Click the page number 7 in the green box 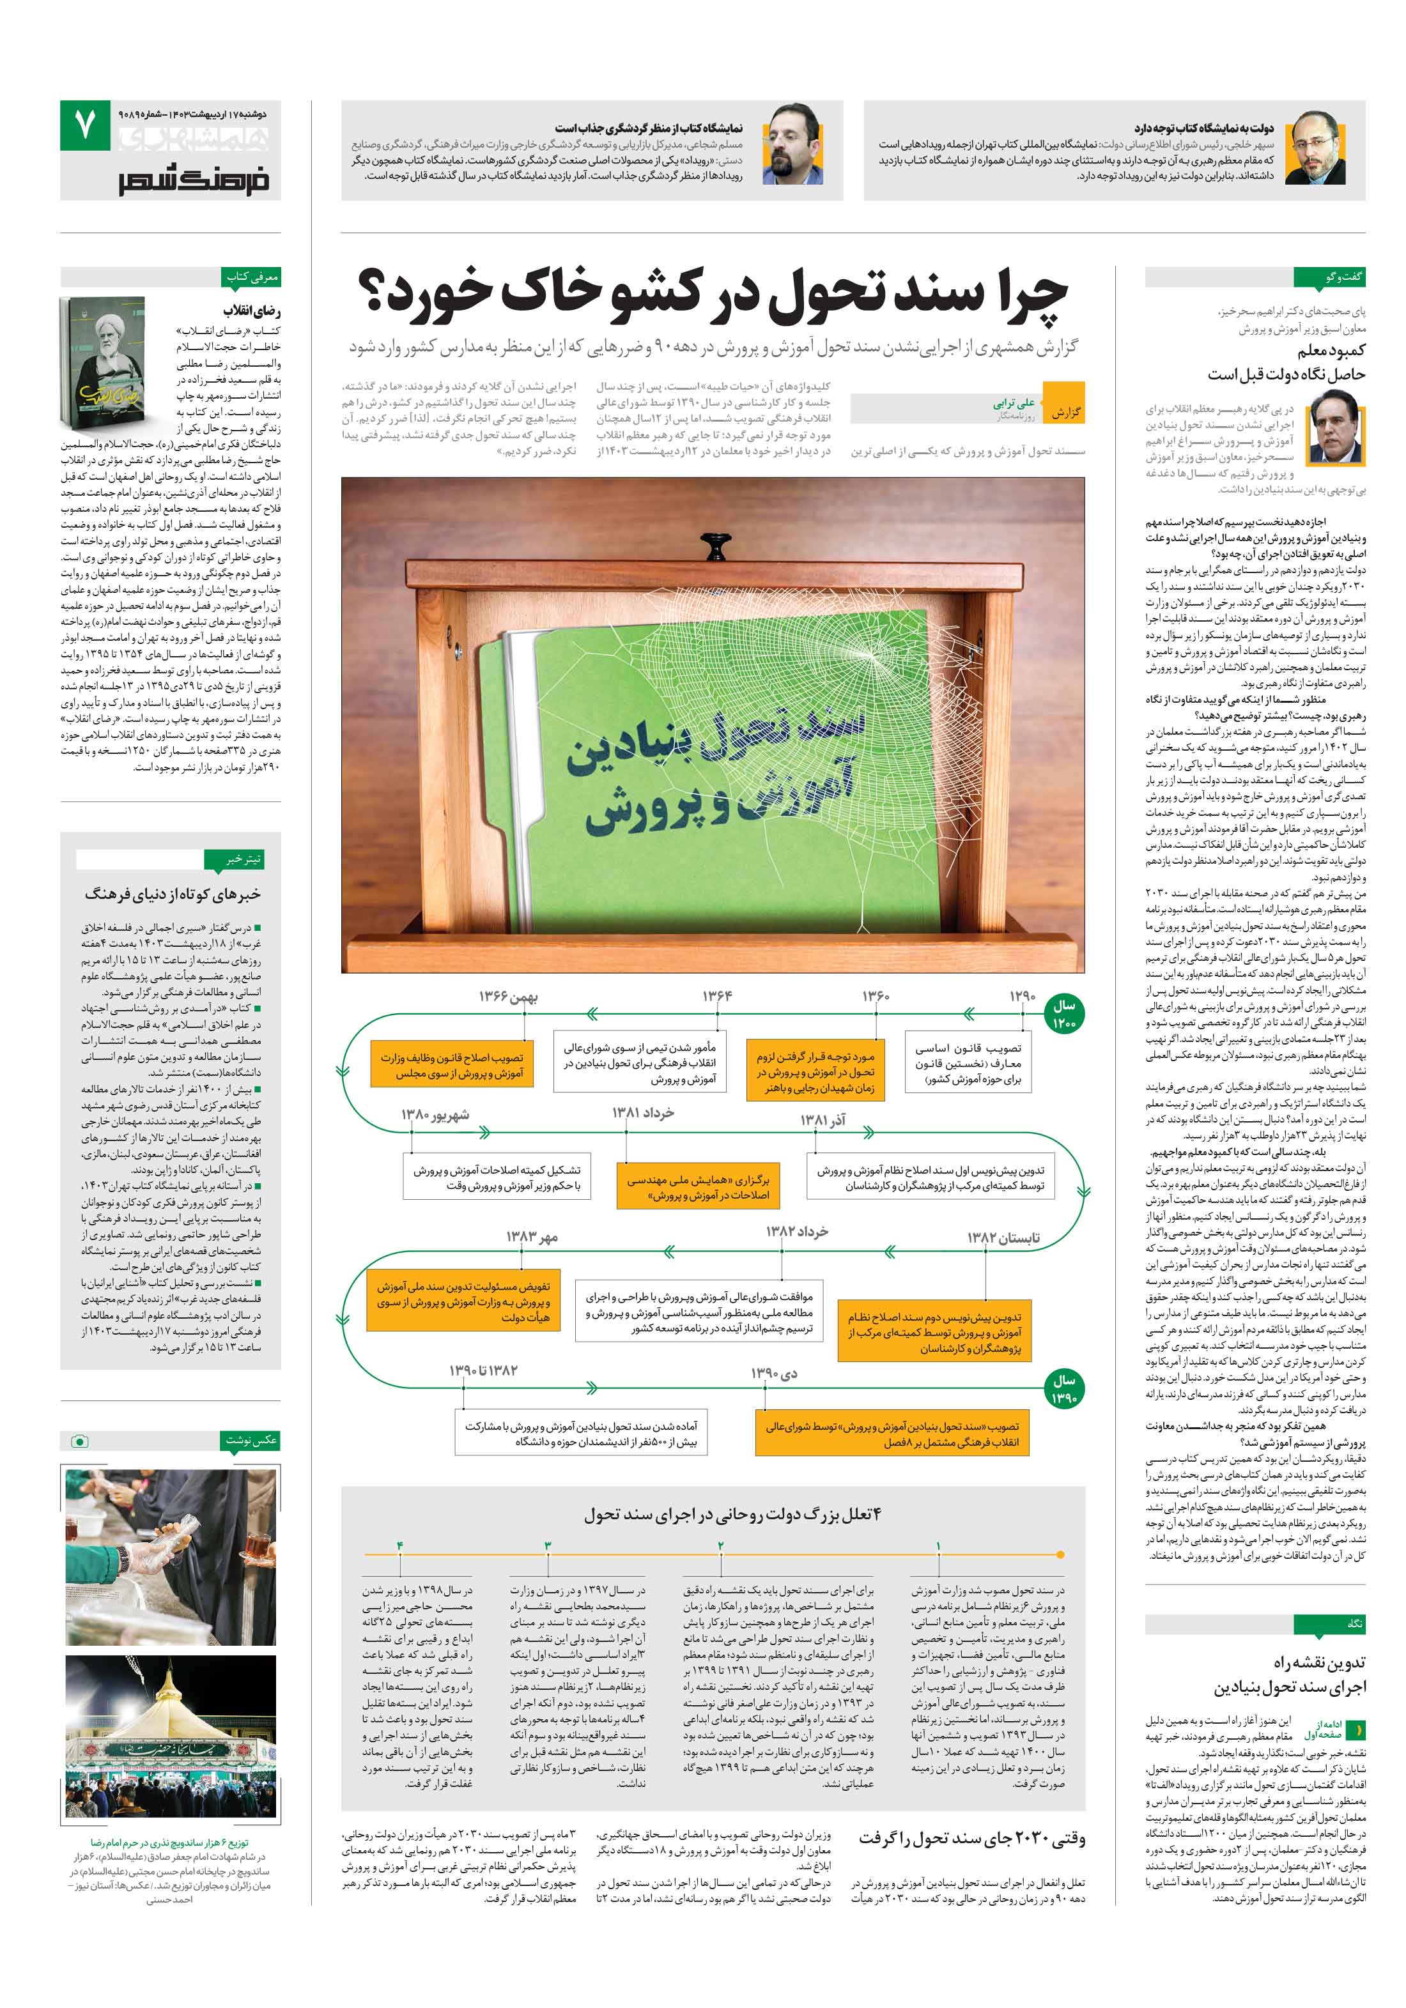click(86, 126)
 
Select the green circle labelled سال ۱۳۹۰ click(1064, 1389)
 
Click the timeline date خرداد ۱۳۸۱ click(643, 1112)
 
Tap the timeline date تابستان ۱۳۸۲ click(1003, 1237)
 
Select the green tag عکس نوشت click(252, 1439)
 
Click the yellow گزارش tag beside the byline click(1064, 410)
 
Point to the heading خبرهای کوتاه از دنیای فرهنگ click(173, 894)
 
